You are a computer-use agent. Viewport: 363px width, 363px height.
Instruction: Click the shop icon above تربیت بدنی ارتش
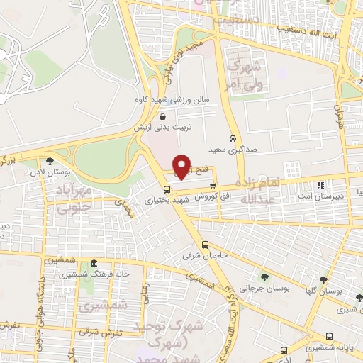(x=163, y=117)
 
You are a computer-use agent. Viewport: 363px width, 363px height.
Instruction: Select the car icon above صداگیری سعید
(x=233, y=138)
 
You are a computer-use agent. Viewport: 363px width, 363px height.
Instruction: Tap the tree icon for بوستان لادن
(x=49, y=161)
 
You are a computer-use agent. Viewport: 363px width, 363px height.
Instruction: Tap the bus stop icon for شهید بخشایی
(x=167, y=189)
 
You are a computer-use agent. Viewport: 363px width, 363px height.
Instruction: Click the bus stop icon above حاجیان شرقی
(x=205, y=245)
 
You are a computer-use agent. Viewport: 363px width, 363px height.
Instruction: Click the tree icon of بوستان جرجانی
(x=264, y=277)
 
